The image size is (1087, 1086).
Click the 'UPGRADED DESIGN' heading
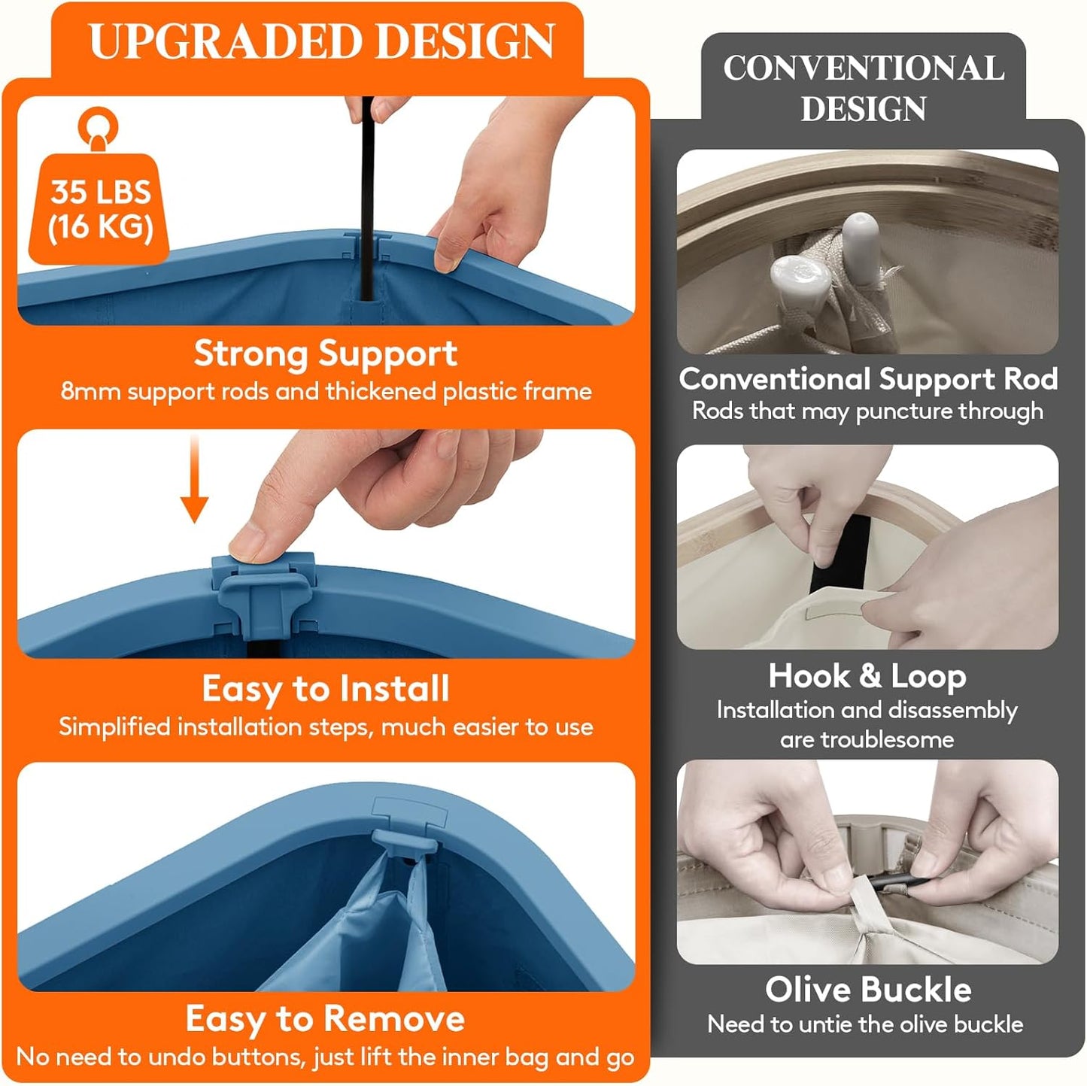click(322, 41)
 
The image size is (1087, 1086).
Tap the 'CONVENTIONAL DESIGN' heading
click(864, 87)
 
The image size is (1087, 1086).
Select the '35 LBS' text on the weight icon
click(101, 192)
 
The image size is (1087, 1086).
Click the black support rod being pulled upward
click(367, 198)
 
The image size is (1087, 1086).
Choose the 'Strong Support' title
click(326, 354)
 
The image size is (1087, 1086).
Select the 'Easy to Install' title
click(326, 689)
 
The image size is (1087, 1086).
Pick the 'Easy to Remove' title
click(326, 1019)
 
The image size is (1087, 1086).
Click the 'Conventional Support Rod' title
click(868, 378)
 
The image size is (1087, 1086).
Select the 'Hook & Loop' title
click(867, 676)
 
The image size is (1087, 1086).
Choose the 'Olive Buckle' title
click(868, 989)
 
